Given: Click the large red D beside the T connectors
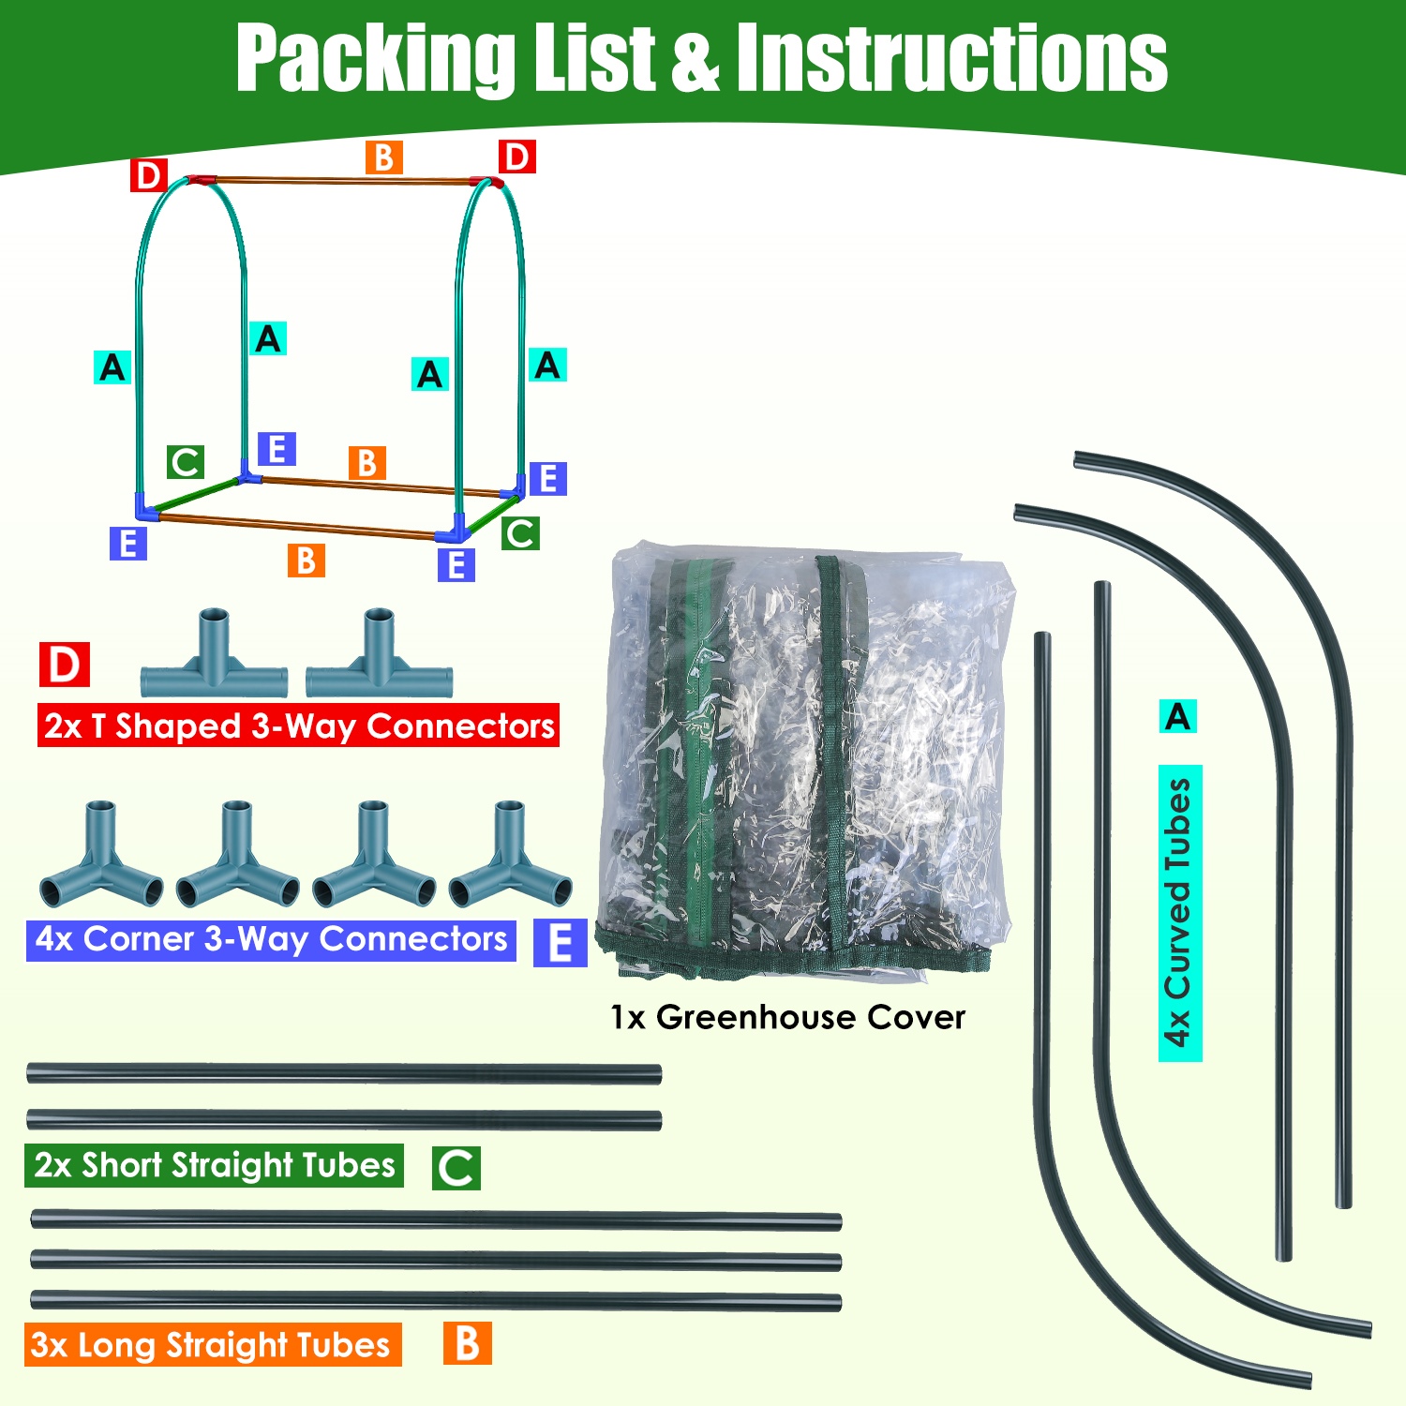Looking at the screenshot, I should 65,665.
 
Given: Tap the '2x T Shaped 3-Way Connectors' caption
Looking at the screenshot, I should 298,725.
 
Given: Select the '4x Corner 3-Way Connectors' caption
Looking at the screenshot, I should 271,939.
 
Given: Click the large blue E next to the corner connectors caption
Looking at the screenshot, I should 560,942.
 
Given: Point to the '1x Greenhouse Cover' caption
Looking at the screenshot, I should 787,1017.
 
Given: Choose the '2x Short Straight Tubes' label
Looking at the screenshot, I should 214,1165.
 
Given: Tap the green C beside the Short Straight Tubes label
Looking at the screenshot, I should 456,1168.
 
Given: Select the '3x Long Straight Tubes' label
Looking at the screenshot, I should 212,1344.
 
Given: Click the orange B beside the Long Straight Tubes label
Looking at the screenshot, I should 468,1343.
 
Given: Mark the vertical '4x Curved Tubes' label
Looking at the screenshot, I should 1179,913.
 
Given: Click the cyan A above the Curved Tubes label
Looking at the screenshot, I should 1177,717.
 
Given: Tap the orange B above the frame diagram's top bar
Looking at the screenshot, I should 383,157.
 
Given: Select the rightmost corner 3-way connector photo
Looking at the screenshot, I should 510,858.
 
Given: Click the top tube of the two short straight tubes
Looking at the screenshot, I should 344,1074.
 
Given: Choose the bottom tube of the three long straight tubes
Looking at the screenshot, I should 436,1301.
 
